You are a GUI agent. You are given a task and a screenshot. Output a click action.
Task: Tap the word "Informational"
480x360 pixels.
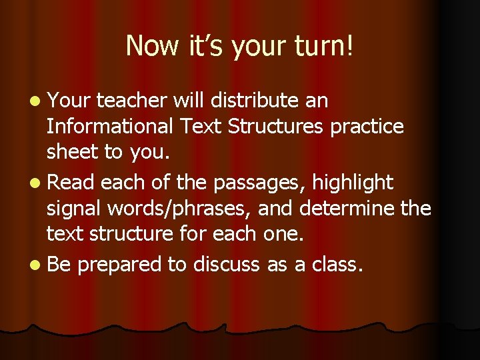click(x=113, y=126)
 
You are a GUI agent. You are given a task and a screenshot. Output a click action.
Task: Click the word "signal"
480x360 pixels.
click(x=73, y=209)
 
